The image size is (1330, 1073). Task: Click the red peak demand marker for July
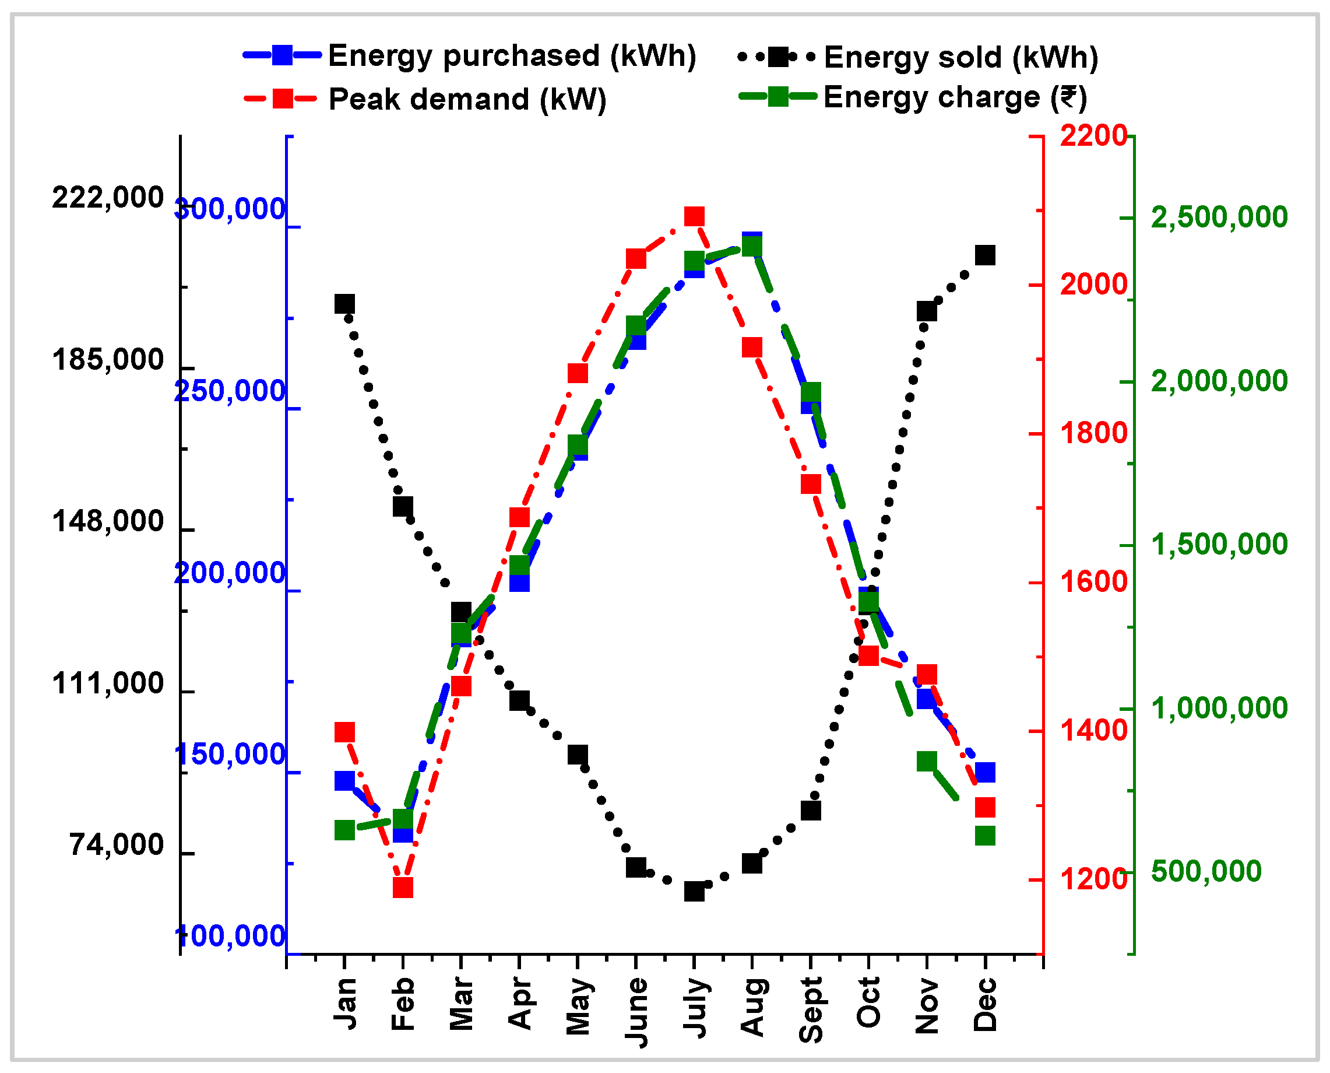coord(694,217)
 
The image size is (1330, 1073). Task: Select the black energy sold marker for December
coord(985,255)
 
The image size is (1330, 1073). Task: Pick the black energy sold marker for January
coord(344,304)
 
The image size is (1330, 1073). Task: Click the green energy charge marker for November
coord(927,762)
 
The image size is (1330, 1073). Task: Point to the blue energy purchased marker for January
coord(344,781)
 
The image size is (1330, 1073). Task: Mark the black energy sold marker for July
coord(694,892)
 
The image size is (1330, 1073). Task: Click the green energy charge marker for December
coord(985,836)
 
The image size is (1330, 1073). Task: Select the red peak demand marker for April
coord(519,517)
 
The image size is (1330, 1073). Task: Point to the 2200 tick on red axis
coord(1093,135)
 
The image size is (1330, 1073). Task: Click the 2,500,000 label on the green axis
coord(1219,218)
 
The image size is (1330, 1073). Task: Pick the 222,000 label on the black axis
coord(107,198)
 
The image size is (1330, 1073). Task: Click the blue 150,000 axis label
coord(230,755)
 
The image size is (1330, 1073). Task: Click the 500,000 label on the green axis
coord(1206,871)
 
